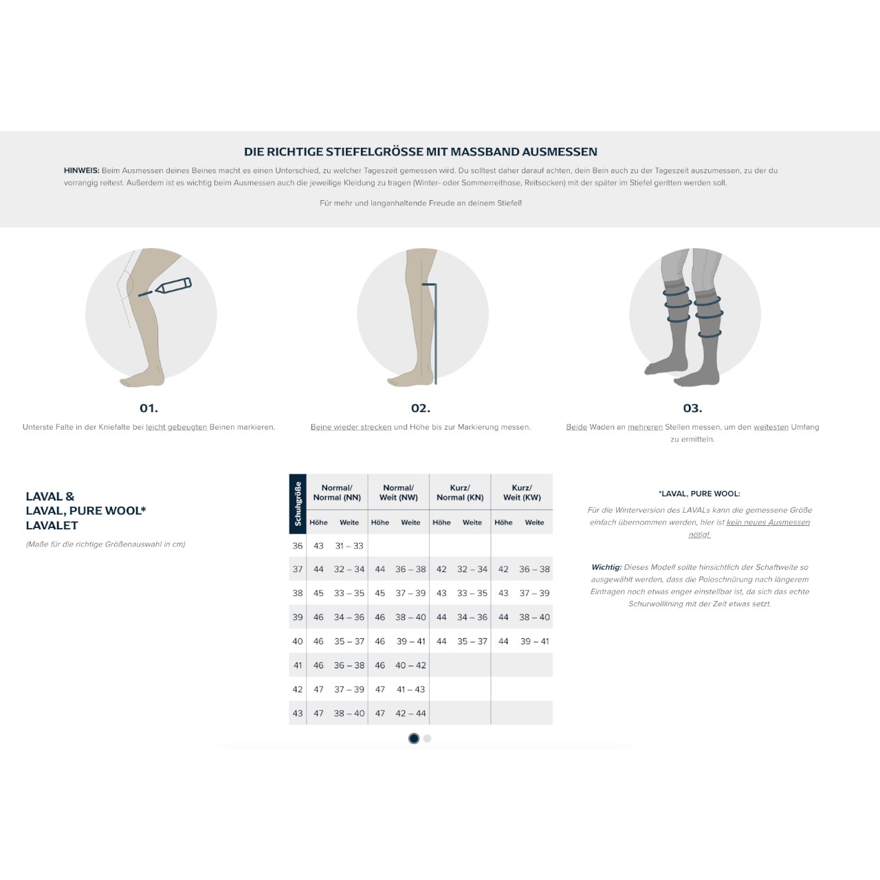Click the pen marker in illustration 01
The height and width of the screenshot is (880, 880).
173,285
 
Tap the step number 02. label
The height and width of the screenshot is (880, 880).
421,408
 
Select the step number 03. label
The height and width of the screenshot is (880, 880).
692,408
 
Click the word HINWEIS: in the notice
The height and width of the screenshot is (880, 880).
82,170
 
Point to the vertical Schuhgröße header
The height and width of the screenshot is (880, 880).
298,504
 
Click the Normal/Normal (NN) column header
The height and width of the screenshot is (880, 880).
337,492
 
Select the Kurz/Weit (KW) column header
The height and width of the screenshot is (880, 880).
522,492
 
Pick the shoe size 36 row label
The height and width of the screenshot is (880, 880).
297,546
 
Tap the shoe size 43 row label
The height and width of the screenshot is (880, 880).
297,714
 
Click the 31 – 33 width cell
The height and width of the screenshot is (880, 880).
349,546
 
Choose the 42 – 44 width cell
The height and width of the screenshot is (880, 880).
410,714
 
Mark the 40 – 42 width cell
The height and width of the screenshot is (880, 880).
410,665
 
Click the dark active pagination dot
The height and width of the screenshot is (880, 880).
414,738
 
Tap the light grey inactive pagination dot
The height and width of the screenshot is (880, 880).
428,738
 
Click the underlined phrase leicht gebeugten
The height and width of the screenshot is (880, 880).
176,427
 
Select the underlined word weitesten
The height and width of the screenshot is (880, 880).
771,427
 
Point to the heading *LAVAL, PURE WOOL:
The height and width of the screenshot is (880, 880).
699,494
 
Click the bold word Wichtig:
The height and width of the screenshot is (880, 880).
606,567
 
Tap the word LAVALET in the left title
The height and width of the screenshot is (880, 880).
52,525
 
